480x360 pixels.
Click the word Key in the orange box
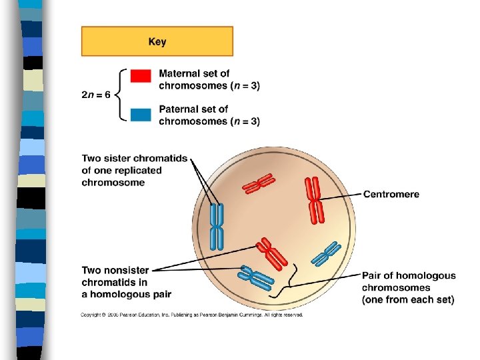point(157,42)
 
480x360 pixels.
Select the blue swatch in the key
point(141,115)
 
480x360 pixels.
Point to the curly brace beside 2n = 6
point(121,95)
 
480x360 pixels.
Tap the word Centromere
point(391,194)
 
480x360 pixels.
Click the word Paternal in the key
point(179,109)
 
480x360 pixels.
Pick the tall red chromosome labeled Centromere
point(314,199)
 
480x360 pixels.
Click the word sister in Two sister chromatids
point(119,159)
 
